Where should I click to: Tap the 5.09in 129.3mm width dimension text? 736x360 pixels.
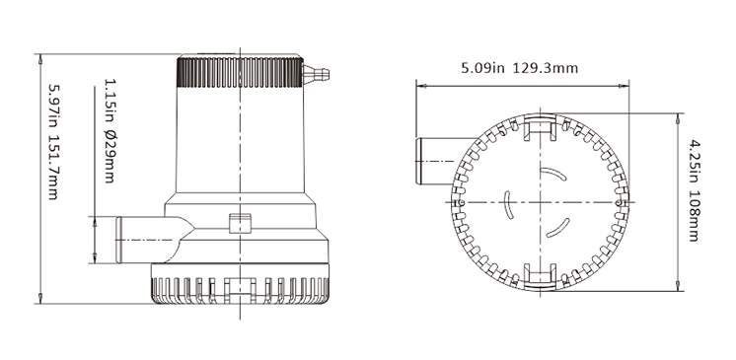(x=520, y=70)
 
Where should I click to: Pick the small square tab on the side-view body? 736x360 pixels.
(x=238, y=222)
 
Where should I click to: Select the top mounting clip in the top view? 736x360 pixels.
(x=539, y=127)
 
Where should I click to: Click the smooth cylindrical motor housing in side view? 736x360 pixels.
(x=240, y=143)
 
